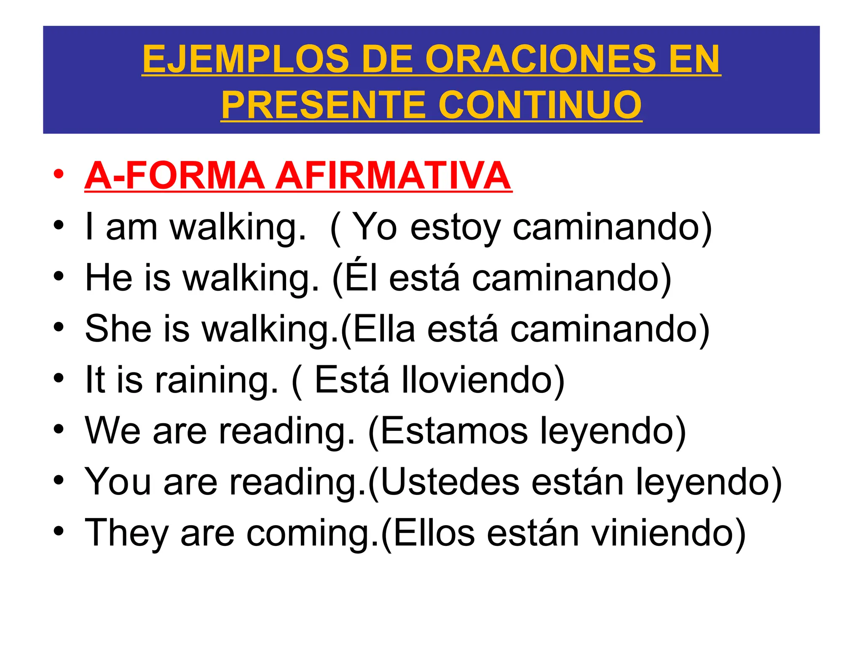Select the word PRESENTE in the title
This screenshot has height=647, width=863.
point(324,105)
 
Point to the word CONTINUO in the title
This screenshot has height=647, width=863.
point(540,105)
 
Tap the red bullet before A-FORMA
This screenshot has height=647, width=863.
point(59,174)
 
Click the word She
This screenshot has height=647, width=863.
point(118,329)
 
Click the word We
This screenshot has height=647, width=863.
point(113,430)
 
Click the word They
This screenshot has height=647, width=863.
point(127,533)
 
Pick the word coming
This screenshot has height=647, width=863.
point(312,533)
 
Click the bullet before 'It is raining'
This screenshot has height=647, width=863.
point(59,378)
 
